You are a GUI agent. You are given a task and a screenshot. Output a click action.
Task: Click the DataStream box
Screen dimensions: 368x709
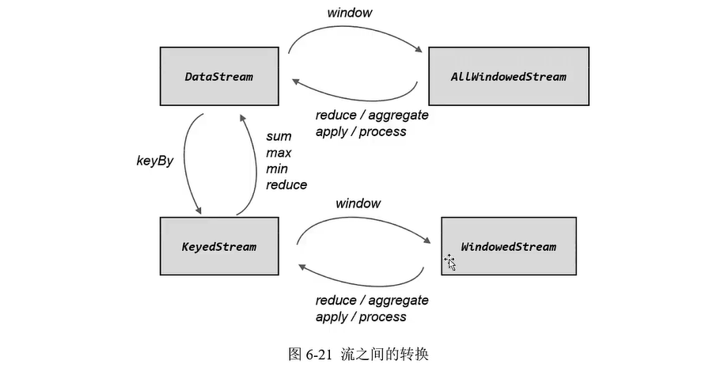coord(219,77)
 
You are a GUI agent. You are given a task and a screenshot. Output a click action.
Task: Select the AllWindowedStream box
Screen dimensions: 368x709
coord(508,77)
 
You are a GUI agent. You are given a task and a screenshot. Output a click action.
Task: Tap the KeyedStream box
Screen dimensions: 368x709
coord(219,246)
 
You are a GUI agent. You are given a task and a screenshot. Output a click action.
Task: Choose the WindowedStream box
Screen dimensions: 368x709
coord(508,246)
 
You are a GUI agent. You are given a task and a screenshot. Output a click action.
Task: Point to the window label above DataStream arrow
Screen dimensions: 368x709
coord(350,13)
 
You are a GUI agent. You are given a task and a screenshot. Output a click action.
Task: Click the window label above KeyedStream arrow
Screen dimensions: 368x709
coord(358,203)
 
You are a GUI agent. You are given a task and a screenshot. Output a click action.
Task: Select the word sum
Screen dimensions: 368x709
coord(279,137)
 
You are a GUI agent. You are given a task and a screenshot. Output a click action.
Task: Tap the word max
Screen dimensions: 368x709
coord(279,153)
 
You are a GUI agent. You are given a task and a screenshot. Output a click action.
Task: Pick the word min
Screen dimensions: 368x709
coord(278,169)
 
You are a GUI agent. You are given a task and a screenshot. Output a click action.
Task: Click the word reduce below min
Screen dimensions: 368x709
coord(286,184)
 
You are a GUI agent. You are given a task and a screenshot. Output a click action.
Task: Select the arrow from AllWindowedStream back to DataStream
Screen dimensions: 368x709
coord(356,96)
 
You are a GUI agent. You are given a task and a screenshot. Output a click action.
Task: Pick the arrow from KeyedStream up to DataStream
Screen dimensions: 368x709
coord(252,166)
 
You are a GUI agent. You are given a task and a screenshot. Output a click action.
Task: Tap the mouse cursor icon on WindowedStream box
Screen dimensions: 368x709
coord(450,261)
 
